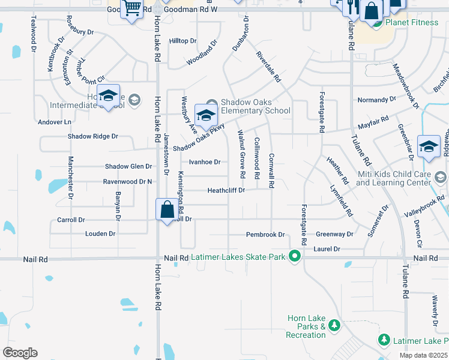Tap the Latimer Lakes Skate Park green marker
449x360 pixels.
coord(294,256)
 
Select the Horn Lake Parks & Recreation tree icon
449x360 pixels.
coord(334,326)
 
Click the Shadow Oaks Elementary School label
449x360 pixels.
coord(255,106)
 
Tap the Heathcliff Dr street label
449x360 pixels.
coord(226,190)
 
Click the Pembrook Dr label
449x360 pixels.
coord(265,235)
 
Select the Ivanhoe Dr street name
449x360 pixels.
coord(205,162)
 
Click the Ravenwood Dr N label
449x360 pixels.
coord(127,181)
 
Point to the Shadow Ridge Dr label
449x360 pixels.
coord(92,136)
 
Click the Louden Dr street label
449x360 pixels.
coord(100,233)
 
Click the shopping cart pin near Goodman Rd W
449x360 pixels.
coord(131,10)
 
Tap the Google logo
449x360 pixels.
coord(20,352)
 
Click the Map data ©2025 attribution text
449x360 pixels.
coord(423,355)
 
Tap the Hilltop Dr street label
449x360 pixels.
coord(182,41)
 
